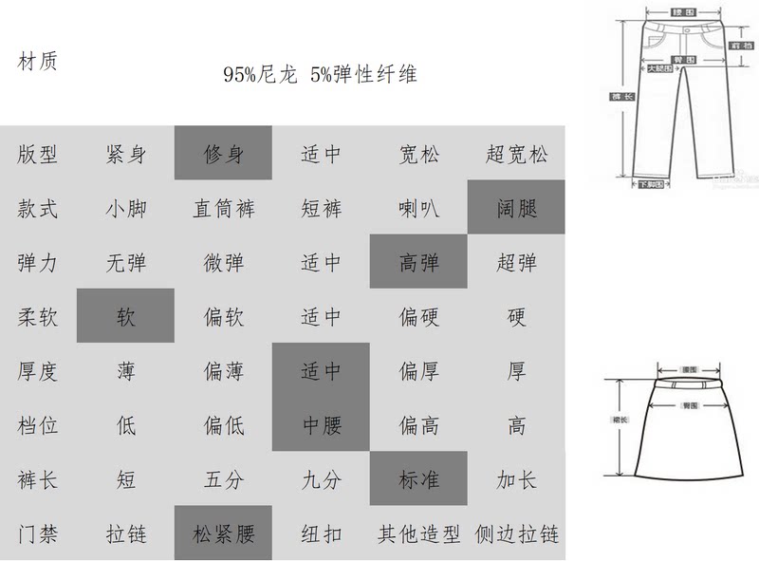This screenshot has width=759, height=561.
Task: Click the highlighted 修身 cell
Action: [223, 153]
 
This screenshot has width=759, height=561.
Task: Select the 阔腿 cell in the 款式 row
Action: [516, 207]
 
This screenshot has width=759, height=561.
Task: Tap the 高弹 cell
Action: [417, 261]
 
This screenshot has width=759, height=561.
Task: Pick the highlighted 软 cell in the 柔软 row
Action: [126, 315]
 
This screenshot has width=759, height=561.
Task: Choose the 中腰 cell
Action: [321, 424]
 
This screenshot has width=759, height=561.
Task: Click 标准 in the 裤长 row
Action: [417, 478]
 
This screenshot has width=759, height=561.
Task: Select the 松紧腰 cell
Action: [223, 533]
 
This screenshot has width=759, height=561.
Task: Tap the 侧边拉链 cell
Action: [516, 533]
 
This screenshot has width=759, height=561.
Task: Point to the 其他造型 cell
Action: [417, 533]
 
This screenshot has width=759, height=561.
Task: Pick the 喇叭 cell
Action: [417, 207]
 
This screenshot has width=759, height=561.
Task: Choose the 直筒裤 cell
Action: [223, 207]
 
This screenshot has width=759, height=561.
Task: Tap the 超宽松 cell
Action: [516, 153]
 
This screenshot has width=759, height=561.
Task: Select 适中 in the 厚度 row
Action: [321, 370]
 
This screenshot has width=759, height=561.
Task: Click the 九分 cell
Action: [321, 478]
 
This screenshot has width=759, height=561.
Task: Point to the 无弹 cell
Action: [126, 261]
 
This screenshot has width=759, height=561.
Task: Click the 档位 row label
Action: [38, 424]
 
